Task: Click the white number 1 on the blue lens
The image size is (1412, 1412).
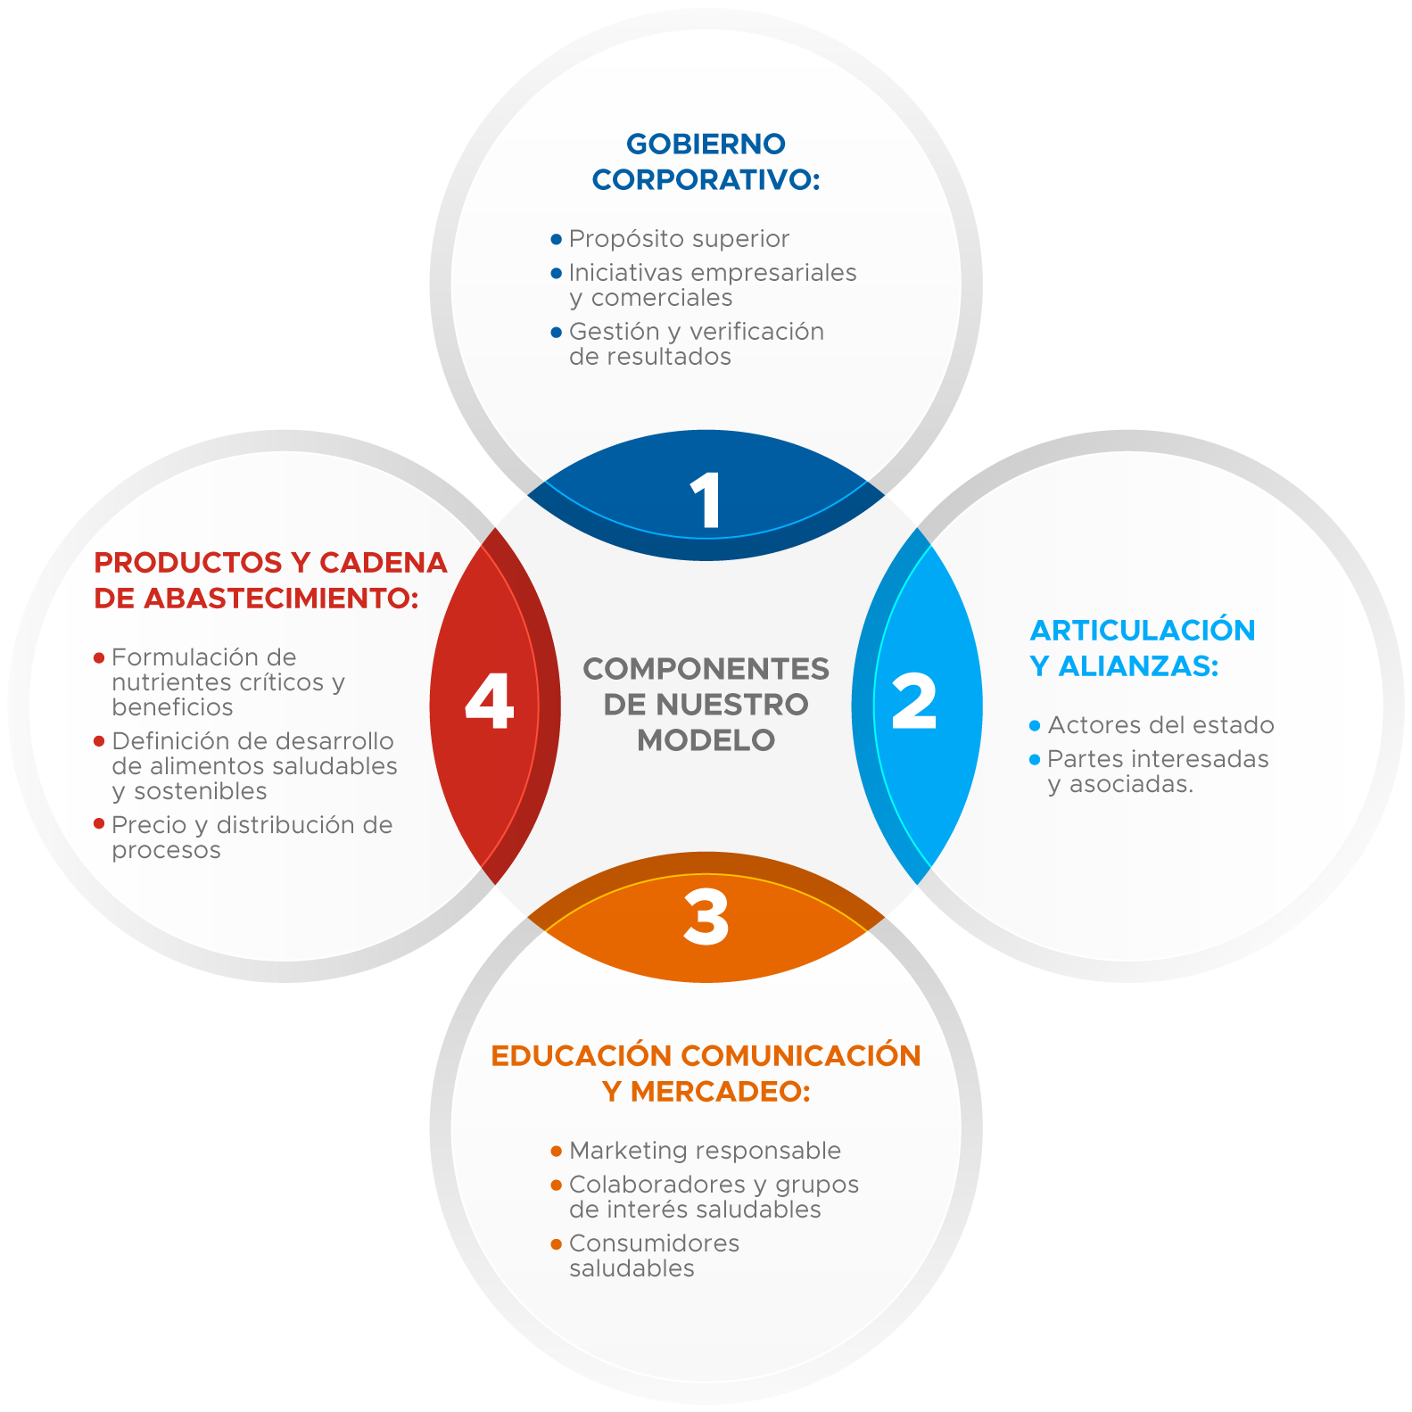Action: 706,500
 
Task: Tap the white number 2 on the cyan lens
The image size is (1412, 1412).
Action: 914,702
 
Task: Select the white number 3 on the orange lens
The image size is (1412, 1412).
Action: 706,918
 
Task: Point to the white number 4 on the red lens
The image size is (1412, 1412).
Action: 490,702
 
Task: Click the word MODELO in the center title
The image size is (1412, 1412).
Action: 706,740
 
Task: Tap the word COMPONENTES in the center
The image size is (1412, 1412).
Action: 706,669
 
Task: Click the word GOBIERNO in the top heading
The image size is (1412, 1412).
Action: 706,144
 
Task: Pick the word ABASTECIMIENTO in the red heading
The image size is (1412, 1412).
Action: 280,599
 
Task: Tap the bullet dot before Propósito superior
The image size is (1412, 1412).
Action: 557,239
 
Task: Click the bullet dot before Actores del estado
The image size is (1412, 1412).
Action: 1035,726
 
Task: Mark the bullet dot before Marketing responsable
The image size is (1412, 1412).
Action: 557,1152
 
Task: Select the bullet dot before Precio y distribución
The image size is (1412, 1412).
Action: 99,823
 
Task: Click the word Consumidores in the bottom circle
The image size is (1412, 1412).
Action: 654,1243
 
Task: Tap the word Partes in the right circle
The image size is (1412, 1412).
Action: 1080,759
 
